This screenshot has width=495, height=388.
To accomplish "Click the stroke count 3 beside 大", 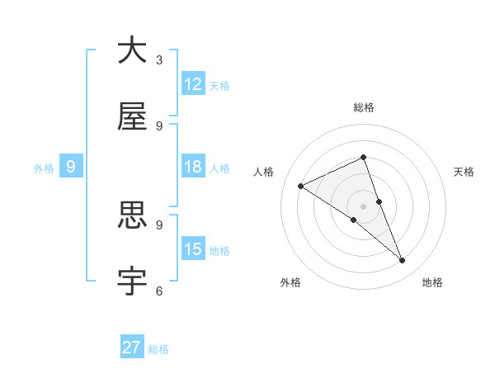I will (159, 59).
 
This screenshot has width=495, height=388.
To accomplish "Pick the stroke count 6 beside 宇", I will (159, 291).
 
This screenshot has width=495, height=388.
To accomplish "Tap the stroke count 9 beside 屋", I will (159, 125).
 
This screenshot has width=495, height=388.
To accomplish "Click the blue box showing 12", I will (193, 84).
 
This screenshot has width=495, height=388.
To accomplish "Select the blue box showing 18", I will (193, 167).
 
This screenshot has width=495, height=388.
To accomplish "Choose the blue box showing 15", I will (193, 249).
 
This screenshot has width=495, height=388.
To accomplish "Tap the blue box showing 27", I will (132, 348).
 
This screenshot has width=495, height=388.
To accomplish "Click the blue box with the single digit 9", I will (71, 167).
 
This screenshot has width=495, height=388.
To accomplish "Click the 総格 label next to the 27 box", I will (159, 349).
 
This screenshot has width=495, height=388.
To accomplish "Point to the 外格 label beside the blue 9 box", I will (44, 168).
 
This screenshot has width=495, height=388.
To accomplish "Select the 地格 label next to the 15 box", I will (219, 251).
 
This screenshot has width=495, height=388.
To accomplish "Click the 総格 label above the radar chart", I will (363, 107).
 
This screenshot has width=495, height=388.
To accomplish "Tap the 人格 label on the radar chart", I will (264, 172).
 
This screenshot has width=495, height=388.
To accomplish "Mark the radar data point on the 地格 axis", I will (403, 261).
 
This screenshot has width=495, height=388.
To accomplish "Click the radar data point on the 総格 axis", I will (363, 157).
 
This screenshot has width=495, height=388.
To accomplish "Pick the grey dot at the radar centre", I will (363, 206).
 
